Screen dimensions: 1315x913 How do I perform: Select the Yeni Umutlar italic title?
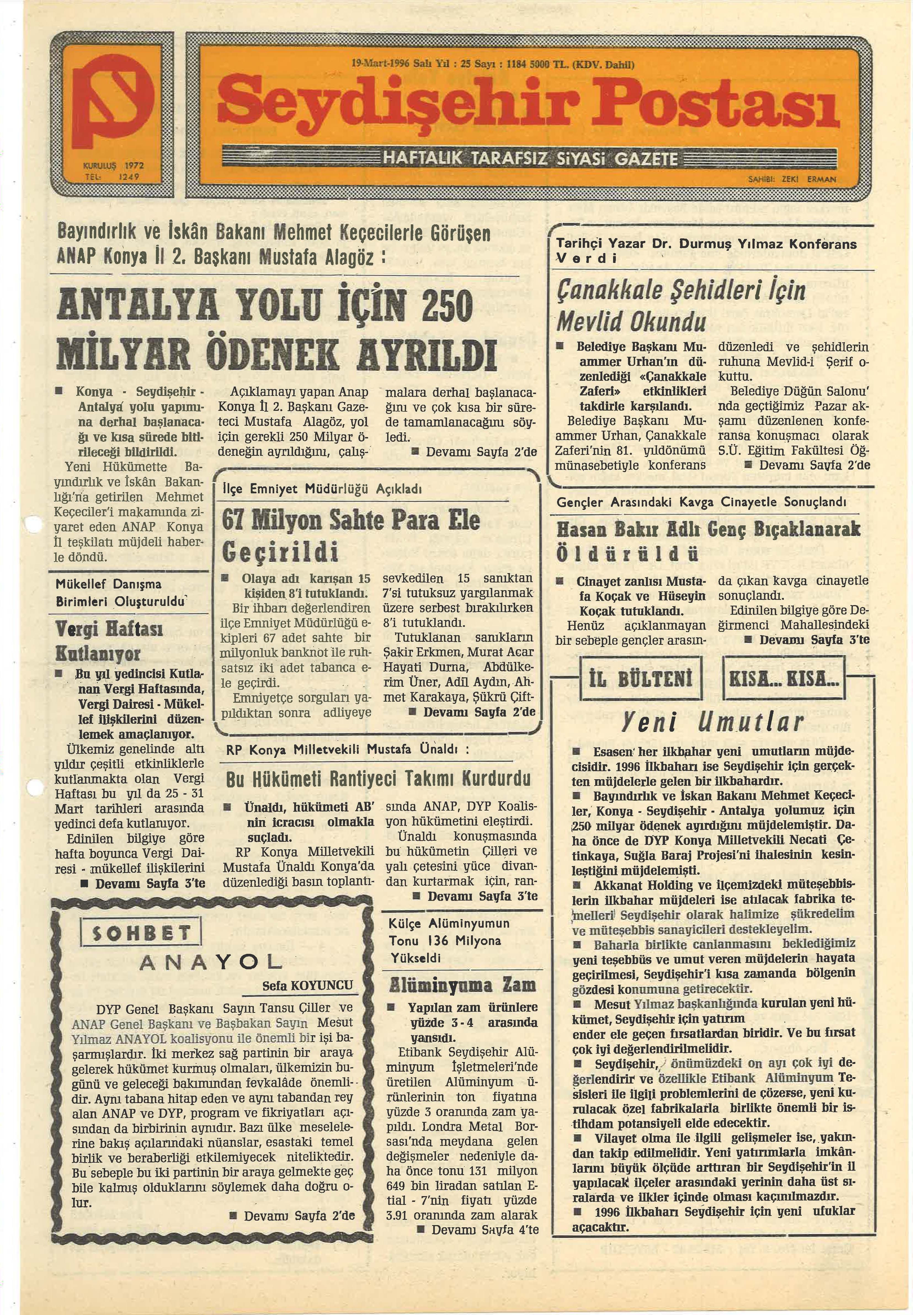point(712,723)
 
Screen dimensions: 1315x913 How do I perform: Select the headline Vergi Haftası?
point(109,630)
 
